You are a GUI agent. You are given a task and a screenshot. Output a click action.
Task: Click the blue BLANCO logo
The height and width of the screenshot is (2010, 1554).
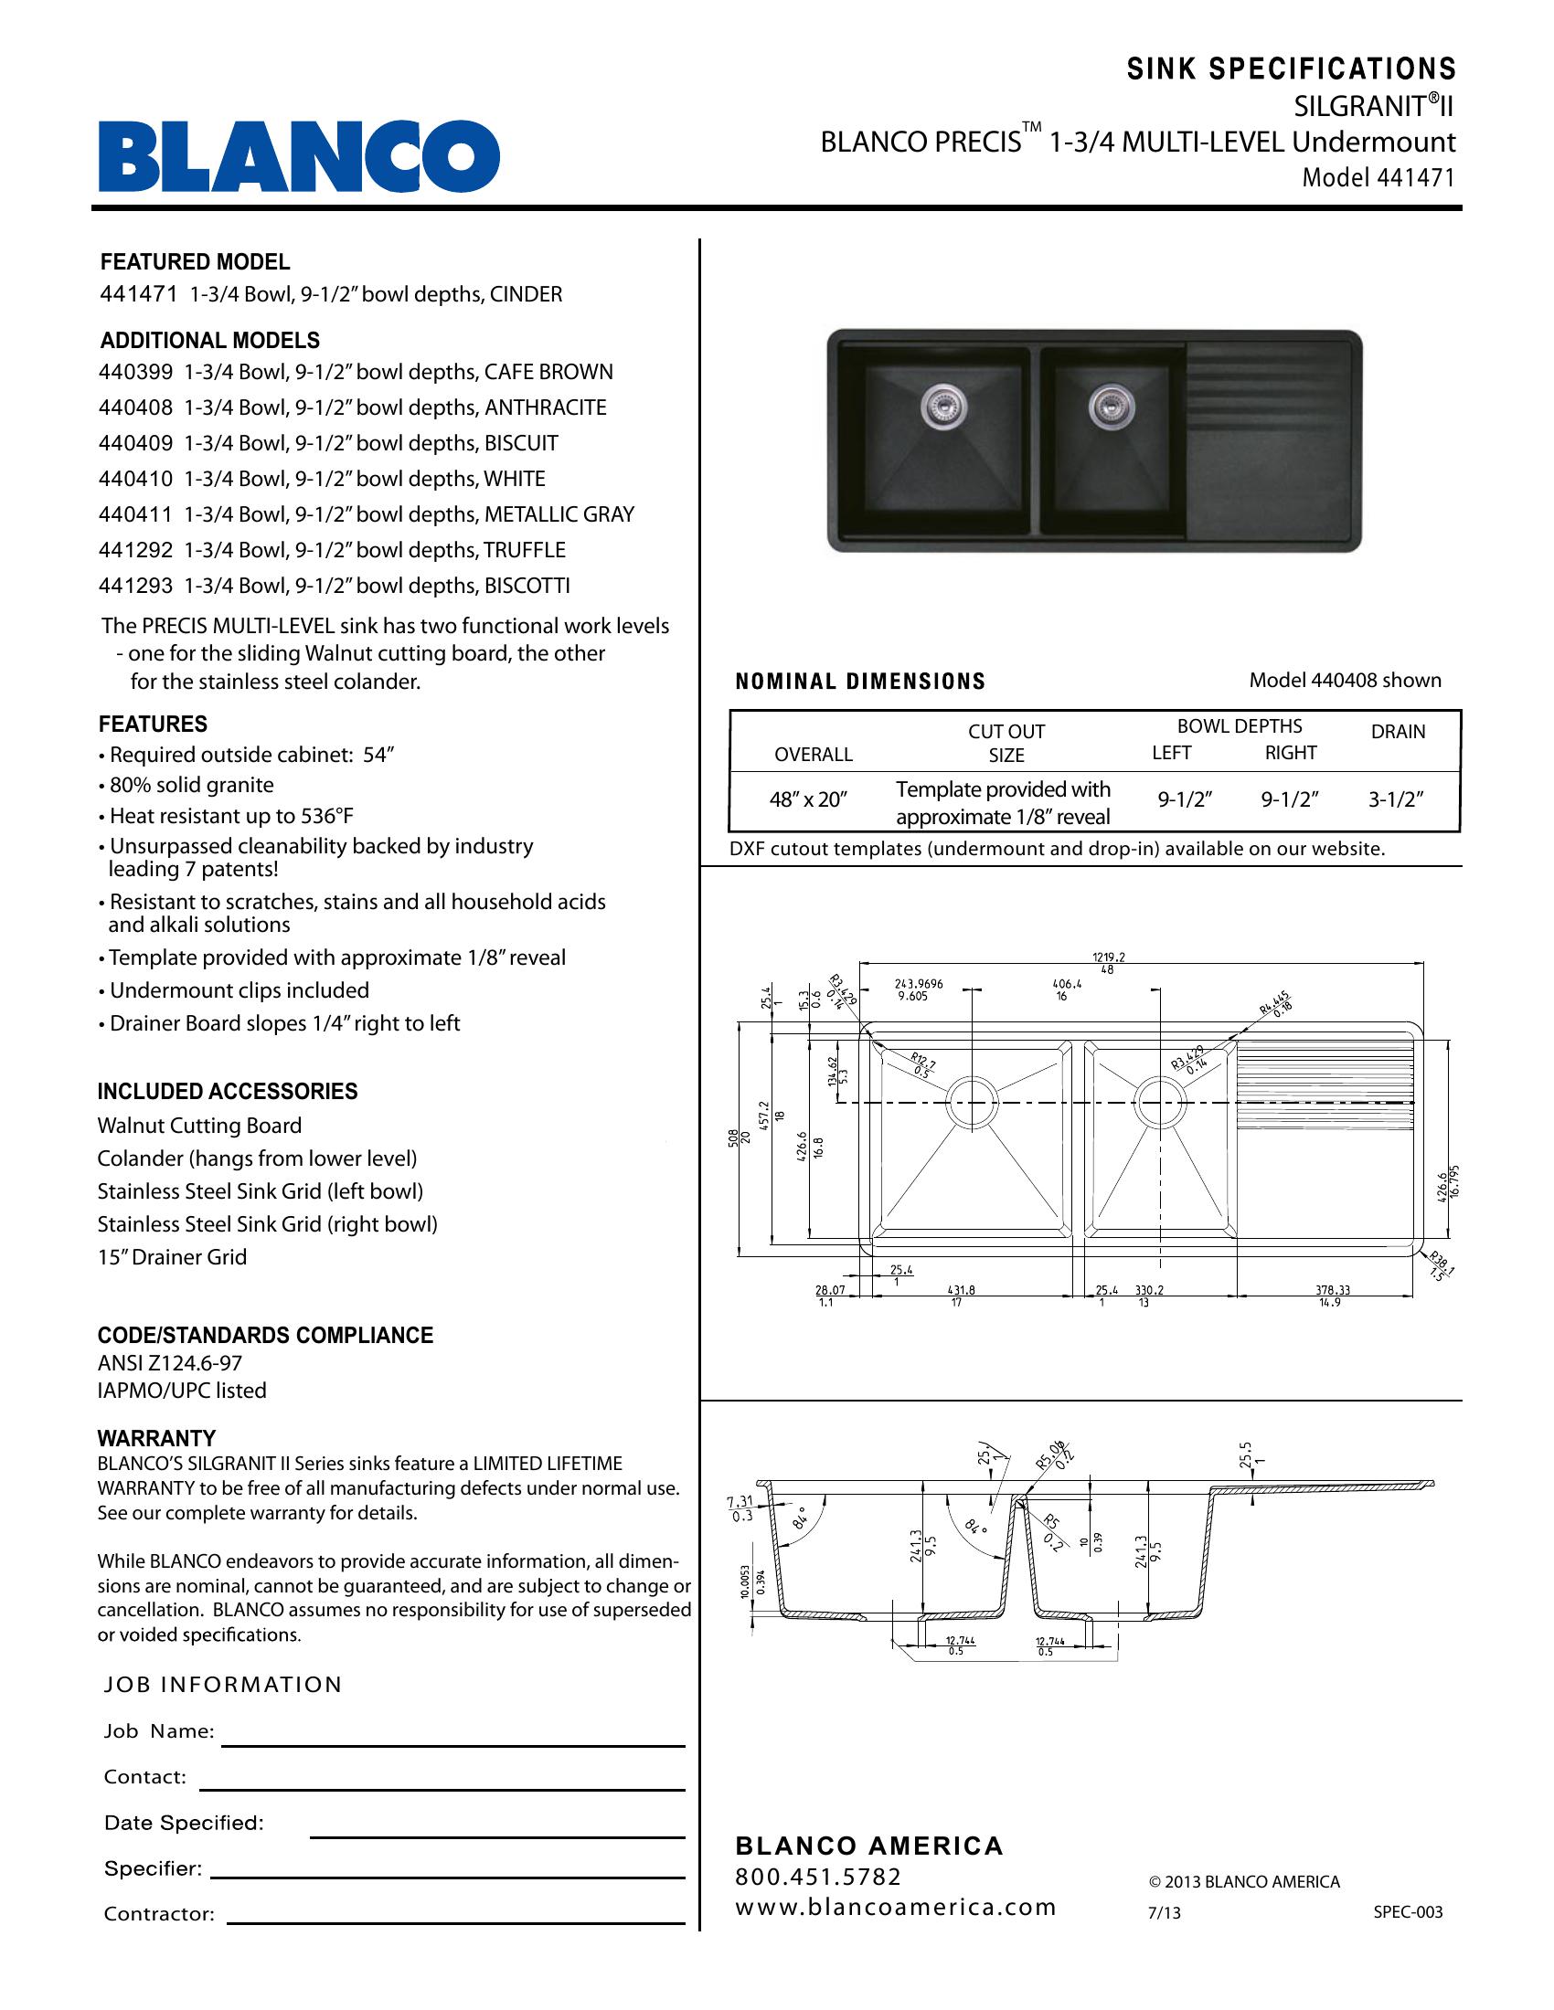(299, 156)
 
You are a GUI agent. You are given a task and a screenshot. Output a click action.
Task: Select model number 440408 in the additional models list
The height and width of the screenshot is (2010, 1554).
(135, 407)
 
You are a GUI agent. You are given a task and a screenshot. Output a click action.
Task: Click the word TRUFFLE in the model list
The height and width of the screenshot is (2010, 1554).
(525, 550)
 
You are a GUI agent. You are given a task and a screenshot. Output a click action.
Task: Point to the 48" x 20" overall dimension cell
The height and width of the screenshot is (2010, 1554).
(807, 799)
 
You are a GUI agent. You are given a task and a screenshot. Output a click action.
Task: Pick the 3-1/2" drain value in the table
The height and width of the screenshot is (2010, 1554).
(1396, 799)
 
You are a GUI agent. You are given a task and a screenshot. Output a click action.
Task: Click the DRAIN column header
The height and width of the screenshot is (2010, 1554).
(1398, 732)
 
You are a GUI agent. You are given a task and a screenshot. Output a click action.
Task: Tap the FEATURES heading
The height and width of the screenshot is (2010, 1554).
(153, 725)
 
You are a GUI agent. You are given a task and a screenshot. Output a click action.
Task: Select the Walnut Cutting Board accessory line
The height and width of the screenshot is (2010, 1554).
(200, 1126)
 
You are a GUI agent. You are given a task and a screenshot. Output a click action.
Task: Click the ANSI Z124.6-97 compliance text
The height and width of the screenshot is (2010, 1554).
(169, 1363)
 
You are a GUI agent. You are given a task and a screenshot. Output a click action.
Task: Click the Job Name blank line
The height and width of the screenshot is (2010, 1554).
(452, 1744)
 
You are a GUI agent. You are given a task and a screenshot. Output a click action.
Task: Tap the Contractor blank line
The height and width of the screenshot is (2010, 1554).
(456, 1922)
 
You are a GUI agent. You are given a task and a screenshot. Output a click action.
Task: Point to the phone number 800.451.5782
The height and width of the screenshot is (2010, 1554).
(818, 1877)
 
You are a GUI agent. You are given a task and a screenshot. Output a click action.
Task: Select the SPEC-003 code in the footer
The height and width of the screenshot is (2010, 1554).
(1408, 1912)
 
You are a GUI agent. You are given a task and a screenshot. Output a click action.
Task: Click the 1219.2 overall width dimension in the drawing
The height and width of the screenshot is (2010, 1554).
(1109, 957)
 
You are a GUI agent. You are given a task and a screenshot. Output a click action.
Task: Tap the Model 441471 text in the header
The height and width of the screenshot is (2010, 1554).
(1378, 177)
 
